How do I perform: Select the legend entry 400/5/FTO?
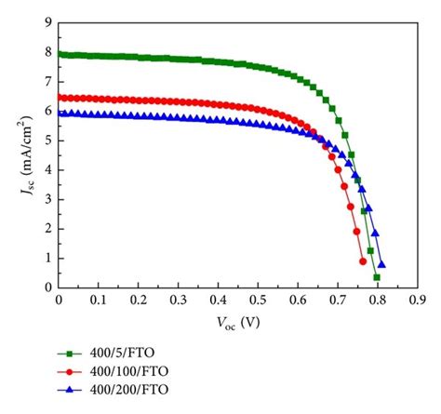click(114, 354)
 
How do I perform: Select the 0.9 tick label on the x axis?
click(416, 301)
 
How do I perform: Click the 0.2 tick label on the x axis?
click(139, 301)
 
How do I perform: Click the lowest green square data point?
click(377, 277)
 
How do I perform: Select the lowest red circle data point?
click(363, 261)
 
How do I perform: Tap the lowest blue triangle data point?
click(381, 265)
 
